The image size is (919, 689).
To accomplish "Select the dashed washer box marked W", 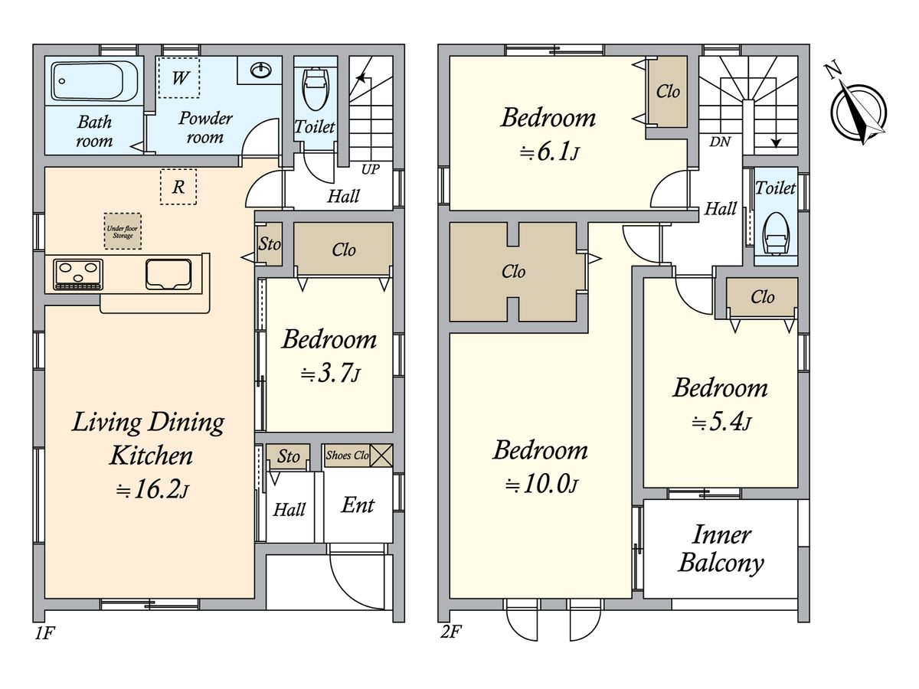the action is click(179, 77).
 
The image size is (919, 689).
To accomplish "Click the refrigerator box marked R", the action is click(178, 187).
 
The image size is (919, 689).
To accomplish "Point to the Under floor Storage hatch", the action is click(123, 231).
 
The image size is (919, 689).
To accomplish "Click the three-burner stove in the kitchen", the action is click(78, 274).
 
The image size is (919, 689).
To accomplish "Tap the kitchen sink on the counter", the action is click(168, 274).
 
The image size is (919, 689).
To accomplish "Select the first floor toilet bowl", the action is click(316, 89).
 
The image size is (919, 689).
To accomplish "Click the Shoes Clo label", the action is click(347, 456).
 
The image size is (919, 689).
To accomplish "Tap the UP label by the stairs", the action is click(371, 169).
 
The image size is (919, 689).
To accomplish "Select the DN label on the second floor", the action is click(720, 142).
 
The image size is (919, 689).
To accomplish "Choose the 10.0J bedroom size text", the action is click(541, 485).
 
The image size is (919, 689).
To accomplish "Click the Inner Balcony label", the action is click(721, 548).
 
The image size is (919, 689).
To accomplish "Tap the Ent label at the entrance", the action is click(358, 505).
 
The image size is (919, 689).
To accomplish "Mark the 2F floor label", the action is click(450, 632).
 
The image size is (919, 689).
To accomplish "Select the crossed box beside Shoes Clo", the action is click(381, 456).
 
